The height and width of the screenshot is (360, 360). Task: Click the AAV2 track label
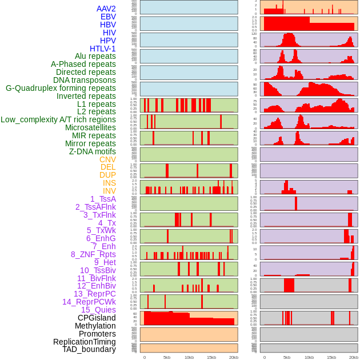pyautogui.click(x=106, y=9)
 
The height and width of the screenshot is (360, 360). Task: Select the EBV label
pyautogui.click(x=108, y=17)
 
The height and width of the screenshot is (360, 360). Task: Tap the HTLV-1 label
pyautogui.click(x=102, y=49)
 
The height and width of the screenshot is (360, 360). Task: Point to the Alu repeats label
pyautogui.click(x=95, y=56)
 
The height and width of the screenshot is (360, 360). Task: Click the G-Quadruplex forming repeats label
pyautogui.click(x=61, y=88)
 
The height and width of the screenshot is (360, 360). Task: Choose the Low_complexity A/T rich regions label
pyautogui.click(x=58, y=119)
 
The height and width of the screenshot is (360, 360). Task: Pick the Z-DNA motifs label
pyautogui.click(x=92, y=151)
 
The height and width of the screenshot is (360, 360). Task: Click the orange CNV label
pyautogui.click(x=107, y=159)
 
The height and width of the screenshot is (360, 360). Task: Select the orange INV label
pyautogui.click(x=109, y=191)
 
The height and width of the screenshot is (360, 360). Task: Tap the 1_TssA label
pyautogui.click(x=103, y=199)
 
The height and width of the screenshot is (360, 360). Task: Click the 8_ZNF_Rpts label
pyautogui.click(x=93, y=254)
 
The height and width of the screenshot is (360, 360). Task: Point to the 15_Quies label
pyautogui.click(x=98, y=310)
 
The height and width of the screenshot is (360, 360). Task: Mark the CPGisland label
pyautogui.click(x=97, y=318)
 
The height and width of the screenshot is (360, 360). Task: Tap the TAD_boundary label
pyautogui.click(x=89, y=349)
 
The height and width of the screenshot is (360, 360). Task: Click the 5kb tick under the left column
pyautogui.click(x=167, y=357)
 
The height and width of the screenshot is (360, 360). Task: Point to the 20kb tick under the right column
pyautogui.click(x=354, y=357)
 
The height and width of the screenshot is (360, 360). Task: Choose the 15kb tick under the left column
pyautogui.click(x=211, y=357)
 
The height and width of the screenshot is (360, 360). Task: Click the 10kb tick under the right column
pyautogui.click(x=309, y=357)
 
